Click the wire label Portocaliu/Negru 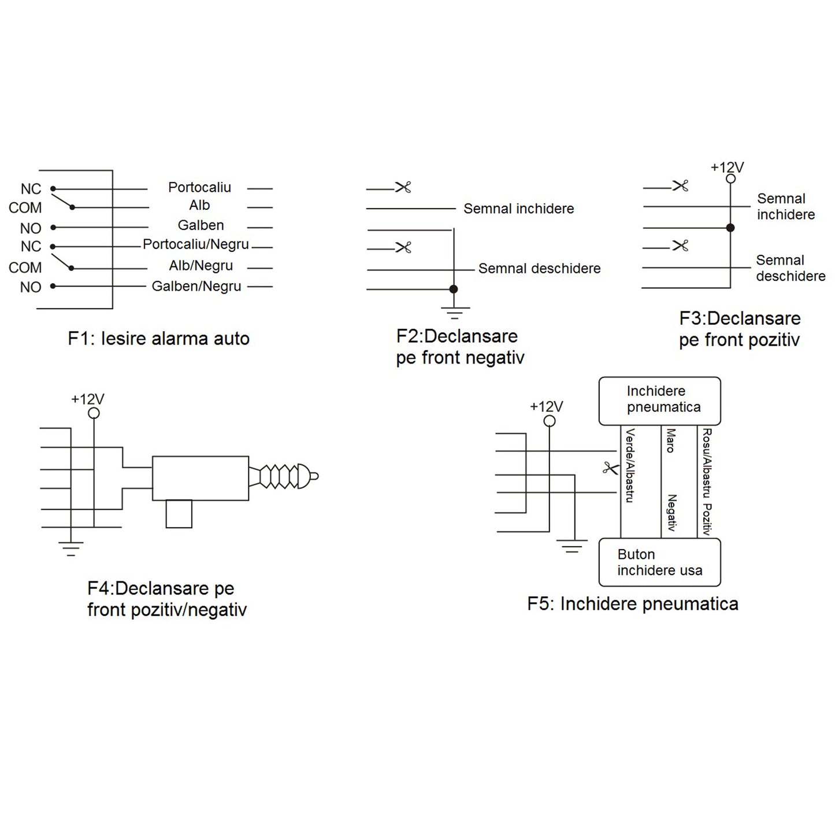pos(196,244)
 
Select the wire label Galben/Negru pos(196,286)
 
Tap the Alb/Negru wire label pos(201,266)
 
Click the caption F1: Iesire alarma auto pos(158,339)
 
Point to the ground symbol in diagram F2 pos(454,314)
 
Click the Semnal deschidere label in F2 pos(539,269)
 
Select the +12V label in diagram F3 pos(727,168)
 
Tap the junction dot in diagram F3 pos(730,228)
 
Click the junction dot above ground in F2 pos(454,289)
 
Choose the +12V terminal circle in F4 pos(94,413)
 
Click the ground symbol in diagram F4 pos(70,548)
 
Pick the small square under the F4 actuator pos(179,514)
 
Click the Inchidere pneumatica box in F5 pos(659,400)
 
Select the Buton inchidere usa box pos(659,562)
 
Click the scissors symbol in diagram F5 pos(610,468)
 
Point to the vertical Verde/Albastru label pos(629,465)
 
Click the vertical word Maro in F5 pos(670,440)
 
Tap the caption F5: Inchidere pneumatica pos(633,604)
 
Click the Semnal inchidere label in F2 pos(518,209)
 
